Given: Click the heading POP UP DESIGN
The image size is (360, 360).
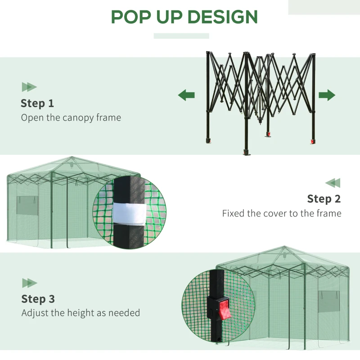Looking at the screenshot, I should point(184,17).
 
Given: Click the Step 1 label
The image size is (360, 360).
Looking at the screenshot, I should point(37,103).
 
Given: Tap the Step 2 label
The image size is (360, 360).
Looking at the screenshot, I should point(324,198).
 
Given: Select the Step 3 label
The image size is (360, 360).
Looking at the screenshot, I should point(38,299).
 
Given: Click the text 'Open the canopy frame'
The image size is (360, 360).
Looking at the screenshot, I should point(71,118).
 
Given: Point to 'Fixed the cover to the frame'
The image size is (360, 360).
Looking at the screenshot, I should point(281,213).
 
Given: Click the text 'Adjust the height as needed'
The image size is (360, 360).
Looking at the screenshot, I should point(81,313).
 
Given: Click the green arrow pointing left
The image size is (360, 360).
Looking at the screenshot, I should point(186,95).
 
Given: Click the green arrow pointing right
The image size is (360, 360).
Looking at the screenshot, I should point(327,95).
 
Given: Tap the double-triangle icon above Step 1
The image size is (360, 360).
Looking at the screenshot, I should point(29,87).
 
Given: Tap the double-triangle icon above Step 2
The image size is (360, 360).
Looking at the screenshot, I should point(333,183).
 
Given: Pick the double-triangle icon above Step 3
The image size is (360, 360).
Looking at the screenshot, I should point(30,283).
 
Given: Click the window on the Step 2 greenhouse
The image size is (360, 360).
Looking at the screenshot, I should point(25,205).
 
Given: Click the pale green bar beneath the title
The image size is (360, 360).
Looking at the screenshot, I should point(181,36).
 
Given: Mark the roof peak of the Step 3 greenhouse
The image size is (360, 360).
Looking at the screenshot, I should point(283,247).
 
